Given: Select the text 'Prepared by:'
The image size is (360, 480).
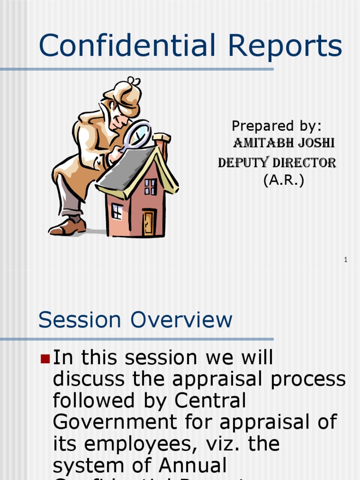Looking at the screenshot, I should tap(277, 126).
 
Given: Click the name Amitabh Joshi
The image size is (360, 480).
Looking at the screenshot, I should tap(284, 143).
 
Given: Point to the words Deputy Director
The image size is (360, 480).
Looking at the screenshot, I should tap(277, 163).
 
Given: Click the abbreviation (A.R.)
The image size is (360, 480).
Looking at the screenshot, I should tap(284, 180).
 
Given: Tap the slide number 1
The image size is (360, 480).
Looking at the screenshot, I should tap(345, 260).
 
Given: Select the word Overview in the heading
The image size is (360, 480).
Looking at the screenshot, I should tap(181, 320).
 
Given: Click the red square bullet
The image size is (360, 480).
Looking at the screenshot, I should tap(45, 359).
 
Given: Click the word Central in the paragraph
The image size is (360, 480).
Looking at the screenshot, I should tap(210, 401).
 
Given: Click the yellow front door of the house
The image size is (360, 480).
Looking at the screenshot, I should tap(149, 223).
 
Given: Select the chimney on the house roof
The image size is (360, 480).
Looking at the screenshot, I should tap(162, 145).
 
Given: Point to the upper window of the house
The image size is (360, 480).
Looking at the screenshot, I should tap(150, 187).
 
